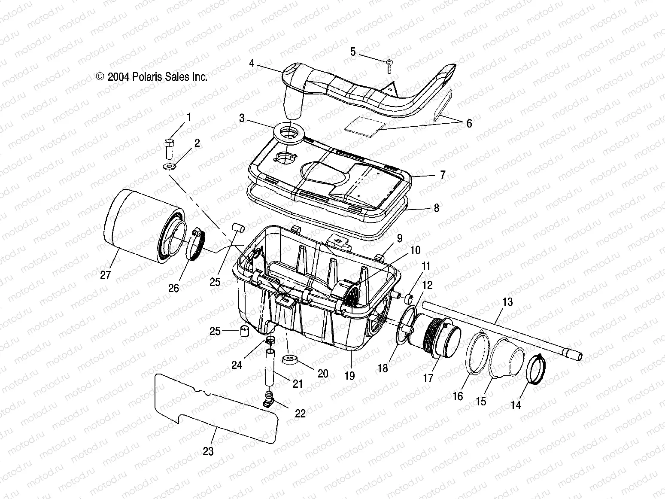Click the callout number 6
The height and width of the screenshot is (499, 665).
click(x=469, y=124)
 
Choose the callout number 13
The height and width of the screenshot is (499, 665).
click(x=507, y=302)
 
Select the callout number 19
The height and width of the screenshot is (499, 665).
click(x=349, y=376)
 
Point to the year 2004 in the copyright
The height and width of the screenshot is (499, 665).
click(x=117, y=77)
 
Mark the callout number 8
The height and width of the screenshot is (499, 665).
click(x=436, y=208)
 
